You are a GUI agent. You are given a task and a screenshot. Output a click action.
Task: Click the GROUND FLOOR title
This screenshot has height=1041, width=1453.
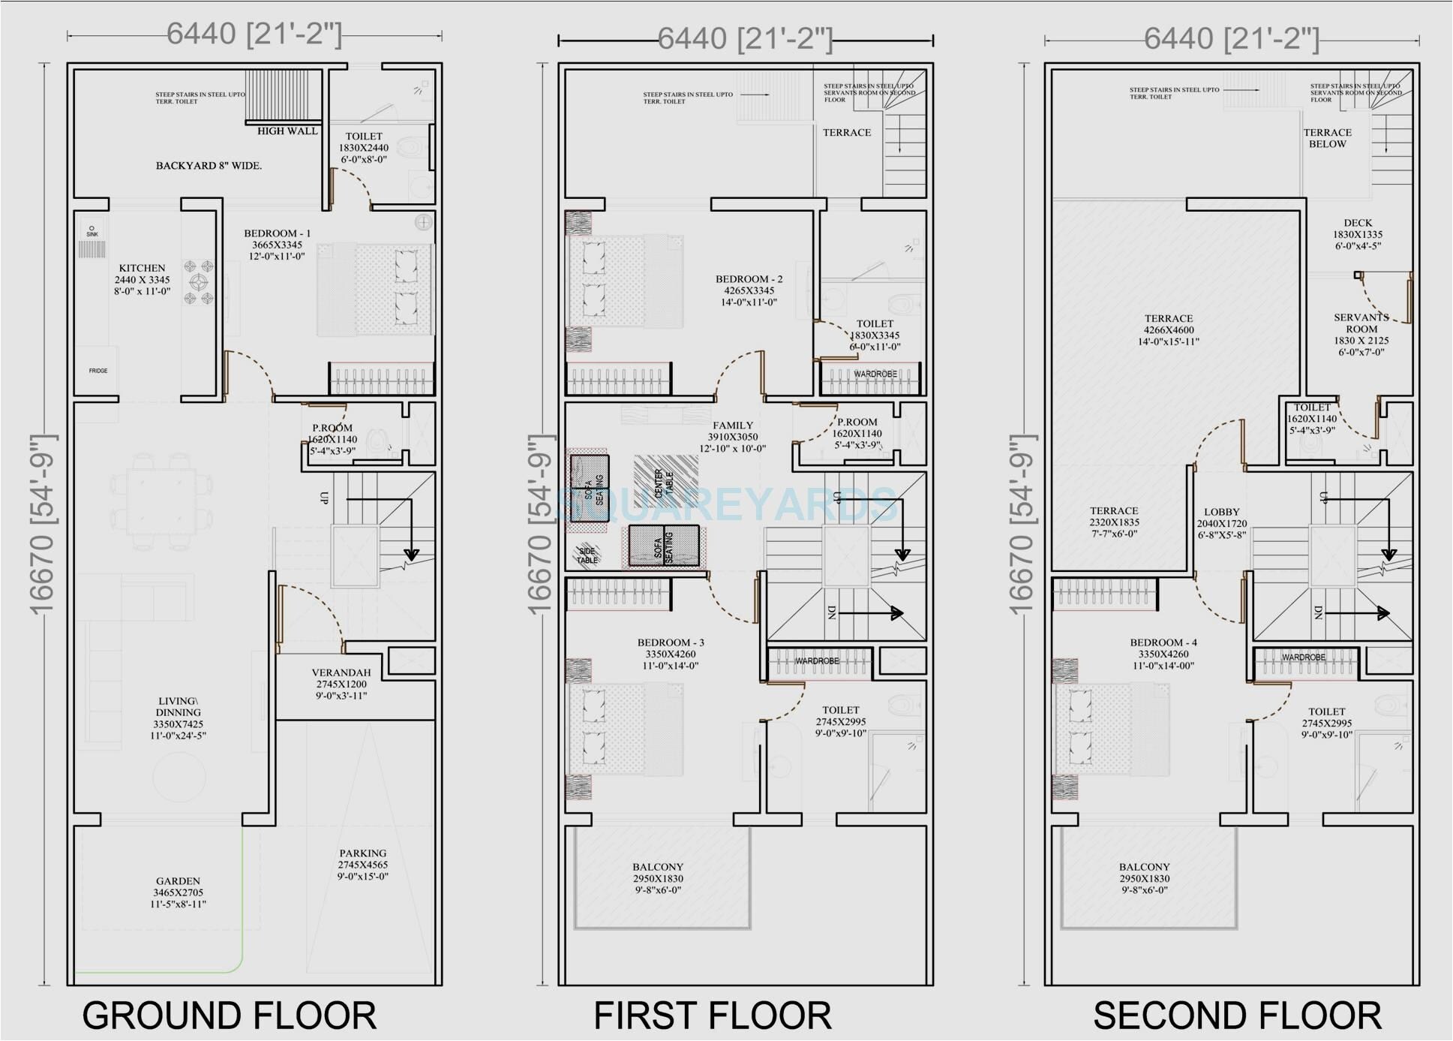pyautogui.click(x=229, y=1015)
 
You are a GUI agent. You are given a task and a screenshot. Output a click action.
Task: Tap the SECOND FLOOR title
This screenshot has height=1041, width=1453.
pyautogui.click(x=1237, y=1015)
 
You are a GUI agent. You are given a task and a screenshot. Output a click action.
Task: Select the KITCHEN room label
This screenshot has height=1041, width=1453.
pyautogui.click(x=142, y=268)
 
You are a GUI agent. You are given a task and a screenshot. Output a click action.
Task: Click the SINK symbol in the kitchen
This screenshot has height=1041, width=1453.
pyautogui.click(x=92, y=231)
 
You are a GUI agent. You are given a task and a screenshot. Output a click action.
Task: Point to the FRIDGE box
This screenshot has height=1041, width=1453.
pyautogui.click(x=98, y=370)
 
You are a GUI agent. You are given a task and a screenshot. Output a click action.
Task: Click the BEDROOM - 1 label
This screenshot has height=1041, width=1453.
pyautogui.click(x=277, y=233)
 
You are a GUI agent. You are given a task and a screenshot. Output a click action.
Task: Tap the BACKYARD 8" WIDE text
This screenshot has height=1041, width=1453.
pyautogui.click(x=209, y=165)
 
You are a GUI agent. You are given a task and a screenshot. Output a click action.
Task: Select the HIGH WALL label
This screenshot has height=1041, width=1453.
pyautogui.click(x=287, y=131)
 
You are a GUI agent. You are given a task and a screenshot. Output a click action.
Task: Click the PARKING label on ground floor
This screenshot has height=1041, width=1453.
pyautogui.click(x=362, y=853)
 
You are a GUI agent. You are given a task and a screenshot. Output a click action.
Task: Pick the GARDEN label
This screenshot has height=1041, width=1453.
pyautogui.click(x=178, y=881)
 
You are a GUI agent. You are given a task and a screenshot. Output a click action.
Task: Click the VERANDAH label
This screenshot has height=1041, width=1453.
pyautogui.click(x=341, y=672)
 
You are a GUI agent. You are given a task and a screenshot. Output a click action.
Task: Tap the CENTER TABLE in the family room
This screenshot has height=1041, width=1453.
pyautogui.click(x=665, y=483)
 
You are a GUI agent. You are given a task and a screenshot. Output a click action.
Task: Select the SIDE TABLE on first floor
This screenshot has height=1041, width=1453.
pyautogui.click(x=587, y=555)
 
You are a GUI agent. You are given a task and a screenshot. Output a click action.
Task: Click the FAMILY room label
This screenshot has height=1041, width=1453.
pyautogui.click(x=732, y=425)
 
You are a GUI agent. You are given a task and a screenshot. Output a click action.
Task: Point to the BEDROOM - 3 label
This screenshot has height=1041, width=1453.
pyautogui.click(x=671, y=642)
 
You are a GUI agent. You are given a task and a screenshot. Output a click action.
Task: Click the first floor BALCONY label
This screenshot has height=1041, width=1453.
pyautogui.click(x=658, y=867)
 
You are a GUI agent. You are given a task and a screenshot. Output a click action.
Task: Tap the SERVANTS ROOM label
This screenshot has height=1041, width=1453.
pyautogui.click(x=1361, y=323)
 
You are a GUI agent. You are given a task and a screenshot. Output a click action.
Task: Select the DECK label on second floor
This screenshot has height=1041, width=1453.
pyautogui.click(x=1358, y=223)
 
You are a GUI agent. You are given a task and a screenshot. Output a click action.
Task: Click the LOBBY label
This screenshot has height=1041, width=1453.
pyautogui.click(x=1221, y=512)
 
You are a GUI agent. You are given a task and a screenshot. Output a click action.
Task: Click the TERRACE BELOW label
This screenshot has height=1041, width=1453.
pyautogui.click(x=1327, y=138)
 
